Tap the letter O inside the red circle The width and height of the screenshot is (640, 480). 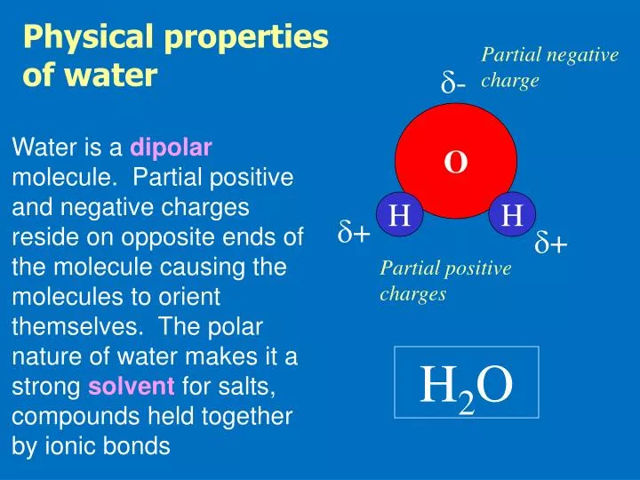click(x=456, y=163)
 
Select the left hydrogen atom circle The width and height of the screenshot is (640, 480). click(x=400, y=215)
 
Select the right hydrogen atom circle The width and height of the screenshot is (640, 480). click(x=512, y=215)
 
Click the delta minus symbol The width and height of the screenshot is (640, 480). click(x=454, y=84)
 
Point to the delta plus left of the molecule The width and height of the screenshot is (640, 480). click(x=354, y=234)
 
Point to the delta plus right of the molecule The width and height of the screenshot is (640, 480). click(x=551, y=244)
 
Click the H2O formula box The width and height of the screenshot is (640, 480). click(x=467, y=382)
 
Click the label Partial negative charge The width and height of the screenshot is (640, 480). click(x=548, y=68)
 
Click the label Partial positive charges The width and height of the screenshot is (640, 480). click(x=444, y=281)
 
